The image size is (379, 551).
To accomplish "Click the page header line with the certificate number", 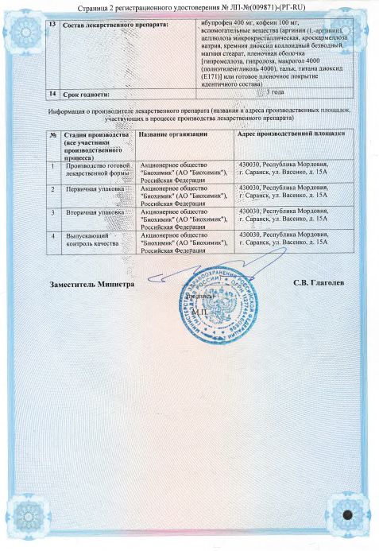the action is tap(188, 7).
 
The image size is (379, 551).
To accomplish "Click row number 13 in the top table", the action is tap(53, 23).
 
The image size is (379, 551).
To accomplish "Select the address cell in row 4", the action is tap(283, 240).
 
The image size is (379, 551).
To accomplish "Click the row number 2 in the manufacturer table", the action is tap(52, 190).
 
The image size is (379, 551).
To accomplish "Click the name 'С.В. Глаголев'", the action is tap(318, 283).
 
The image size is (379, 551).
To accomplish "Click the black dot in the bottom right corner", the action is tap(347, 515).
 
